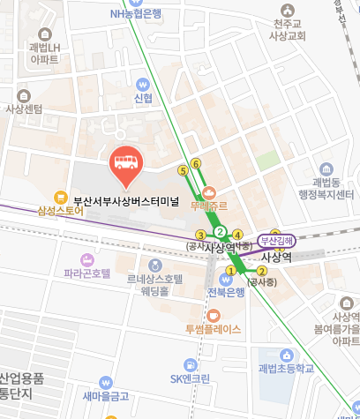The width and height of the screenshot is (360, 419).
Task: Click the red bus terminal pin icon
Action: coord(124,163)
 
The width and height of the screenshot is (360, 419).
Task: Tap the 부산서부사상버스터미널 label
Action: coord(126,200)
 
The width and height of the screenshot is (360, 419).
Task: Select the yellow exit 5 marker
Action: coord(183,169)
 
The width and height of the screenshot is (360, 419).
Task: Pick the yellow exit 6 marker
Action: coord(196,163)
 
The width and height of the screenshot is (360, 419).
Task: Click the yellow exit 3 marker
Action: coord(201,234)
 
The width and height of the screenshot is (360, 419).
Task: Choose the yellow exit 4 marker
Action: coord(236,234)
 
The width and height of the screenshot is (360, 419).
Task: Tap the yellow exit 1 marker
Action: coord(231,270)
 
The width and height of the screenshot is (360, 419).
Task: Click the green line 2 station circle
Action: coord(220,234)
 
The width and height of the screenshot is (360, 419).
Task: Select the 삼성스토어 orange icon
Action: coord(61,197)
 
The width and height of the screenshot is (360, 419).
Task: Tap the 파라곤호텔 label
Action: coord(87,274)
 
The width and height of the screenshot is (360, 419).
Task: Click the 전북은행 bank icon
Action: coord(225,279)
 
